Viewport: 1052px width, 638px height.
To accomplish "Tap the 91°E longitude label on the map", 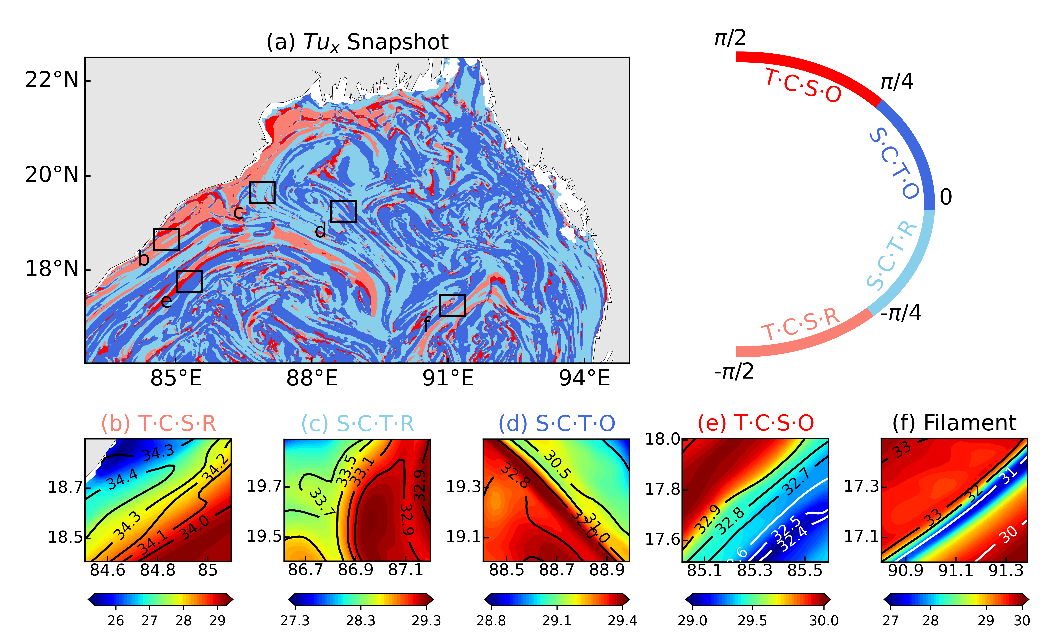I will click(x=448, y=378).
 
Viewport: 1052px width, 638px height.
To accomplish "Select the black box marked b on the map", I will click(x=166, y=239).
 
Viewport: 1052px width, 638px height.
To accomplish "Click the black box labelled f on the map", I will click(x=452, y=305).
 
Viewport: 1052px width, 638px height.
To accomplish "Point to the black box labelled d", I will click(x=343, y=211).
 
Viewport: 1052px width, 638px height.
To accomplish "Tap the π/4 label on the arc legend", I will click(x=897, y=81).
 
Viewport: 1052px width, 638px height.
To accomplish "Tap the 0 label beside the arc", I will click(x=946, y=197).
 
